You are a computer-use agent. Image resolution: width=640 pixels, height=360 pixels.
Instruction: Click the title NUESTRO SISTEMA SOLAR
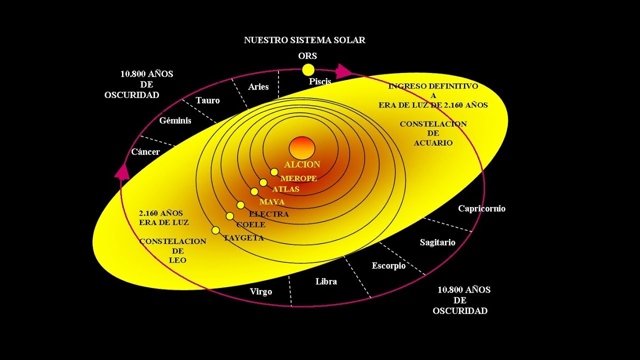[304, 40]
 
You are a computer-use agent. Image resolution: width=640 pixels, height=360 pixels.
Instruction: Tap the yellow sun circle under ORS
[308, 70]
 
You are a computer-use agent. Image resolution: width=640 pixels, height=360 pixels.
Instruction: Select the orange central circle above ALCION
[302, 148]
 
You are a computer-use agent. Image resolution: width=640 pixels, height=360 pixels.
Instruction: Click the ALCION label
[302, 164]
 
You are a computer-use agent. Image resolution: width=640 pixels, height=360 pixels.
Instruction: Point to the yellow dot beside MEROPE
[274, 172]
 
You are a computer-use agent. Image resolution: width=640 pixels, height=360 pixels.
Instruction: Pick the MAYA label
[272, 202]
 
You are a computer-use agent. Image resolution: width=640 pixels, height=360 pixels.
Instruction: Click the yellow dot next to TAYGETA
[215, 230]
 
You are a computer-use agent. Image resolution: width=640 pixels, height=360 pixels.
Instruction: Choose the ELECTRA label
[269, 214]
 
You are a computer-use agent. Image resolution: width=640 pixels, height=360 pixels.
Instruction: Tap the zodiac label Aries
[258, 87]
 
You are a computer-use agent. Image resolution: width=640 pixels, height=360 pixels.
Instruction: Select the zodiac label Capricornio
[481, 208]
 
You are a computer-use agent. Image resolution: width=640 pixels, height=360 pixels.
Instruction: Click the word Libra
[326, 281]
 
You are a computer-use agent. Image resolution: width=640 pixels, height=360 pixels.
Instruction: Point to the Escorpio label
[388, 266]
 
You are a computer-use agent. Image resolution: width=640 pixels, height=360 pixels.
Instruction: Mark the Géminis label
[175, 120]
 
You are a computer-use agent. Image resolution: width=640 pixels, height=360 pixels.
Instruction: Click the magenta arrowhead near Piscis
[343, 71]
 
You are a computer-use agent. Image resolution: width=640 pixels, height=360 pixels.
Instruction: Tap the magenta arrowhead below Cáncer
[122, 171]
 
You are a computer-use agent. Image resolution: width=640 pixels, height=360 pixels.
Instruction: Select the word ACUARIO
[433, 143]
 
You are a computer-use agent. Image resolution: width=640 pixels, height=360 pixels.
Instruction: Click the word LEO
[177, 260]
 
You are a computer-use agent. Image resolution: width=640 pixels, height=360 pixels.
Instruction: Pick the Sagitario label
[437, 242]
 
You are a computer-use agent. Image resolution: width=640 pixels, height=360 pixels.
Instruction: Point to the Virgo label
[261, 291]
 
